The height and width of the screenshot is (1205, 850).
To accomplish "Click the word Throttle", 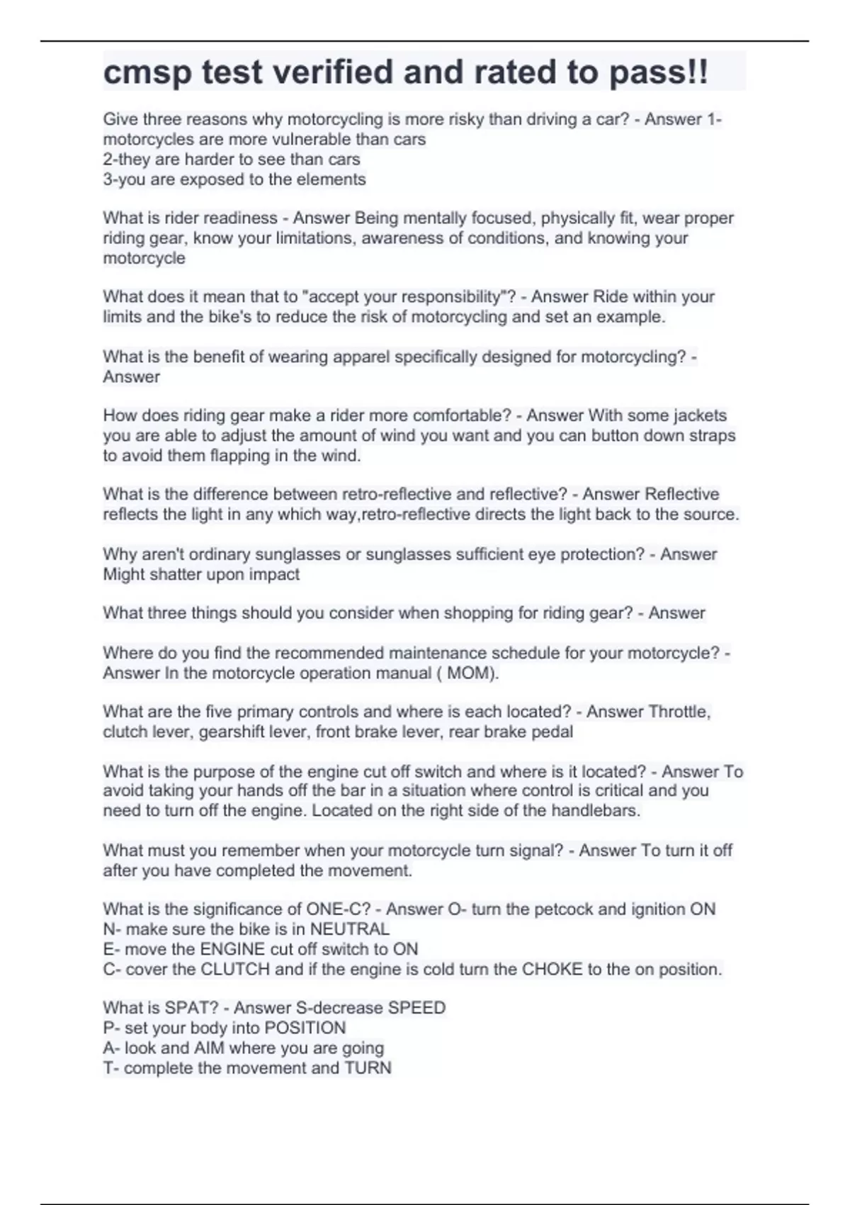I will coord(679,712).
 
